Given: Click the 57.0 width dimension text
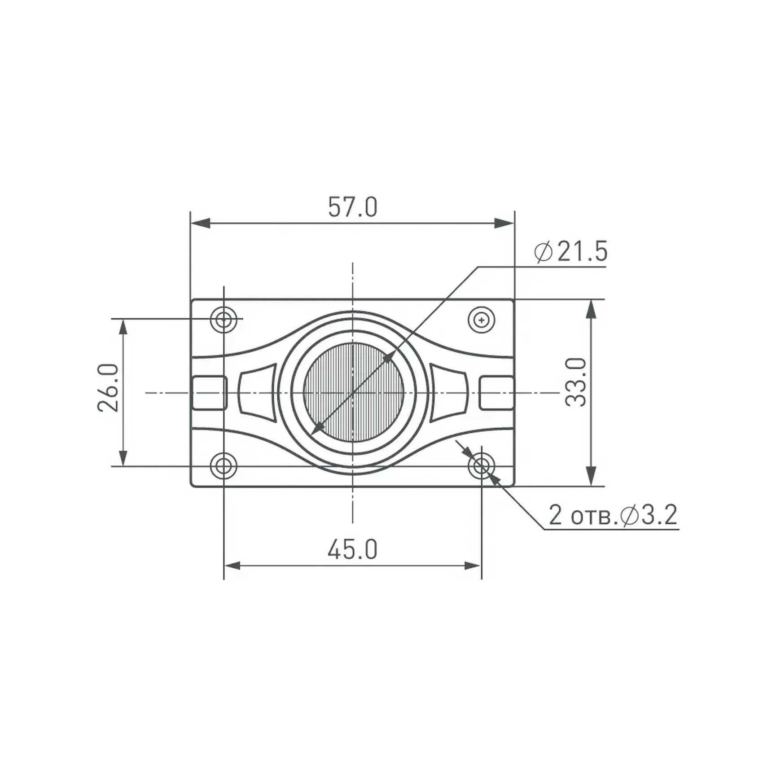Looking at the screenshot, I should pos(353,207).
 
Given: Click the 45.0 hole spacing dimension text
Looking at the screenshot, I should pos(353,550).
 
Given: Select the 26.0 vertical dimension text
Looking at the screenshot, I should pos(108,388).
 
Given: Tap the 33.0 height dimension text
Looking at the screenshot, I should pos(576,382).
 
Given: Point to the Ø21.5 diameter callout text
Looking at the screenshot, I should pos(571,251).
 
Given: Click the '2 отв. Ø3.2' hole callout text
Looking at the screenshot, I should pos(613,515).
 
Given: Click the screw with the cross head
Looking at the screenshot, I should pos(481,320).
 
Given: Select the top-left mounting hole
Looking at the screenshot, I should pos(224,320).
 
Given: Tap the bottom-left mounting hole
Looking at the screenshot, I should pos(224,466).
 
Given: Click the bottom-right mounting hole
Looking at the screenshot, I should pos(481,466).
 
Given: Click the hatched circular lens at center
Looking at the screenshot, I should pos(353,393).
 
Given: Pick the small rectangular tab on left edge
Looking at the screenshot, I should pos(209,393).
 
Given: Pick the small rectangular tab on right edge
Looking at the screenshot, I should pos(496,393).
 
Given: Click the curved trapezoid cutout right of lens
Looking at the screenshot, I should pos(449,393).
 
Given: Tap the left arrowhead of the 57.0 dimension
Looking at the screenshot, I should pos(201,223).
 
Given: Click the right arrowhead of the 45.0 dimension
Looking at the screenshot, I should pos(473,566).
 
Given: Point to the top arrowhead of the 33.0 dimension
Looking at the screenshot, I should pos(591,309).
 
